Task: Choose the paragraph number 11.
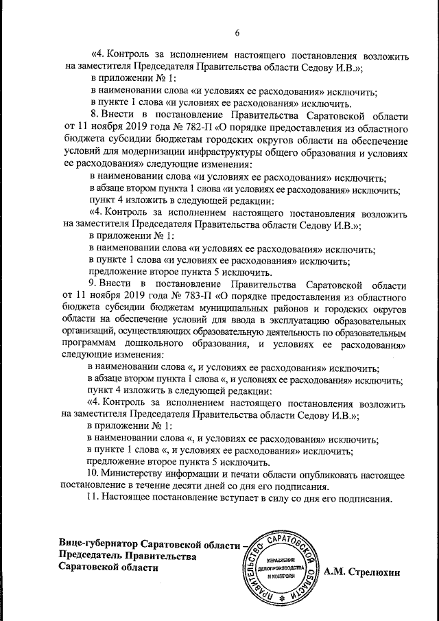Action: [92, 498]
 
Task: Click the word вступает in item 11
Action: [237, 498]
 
